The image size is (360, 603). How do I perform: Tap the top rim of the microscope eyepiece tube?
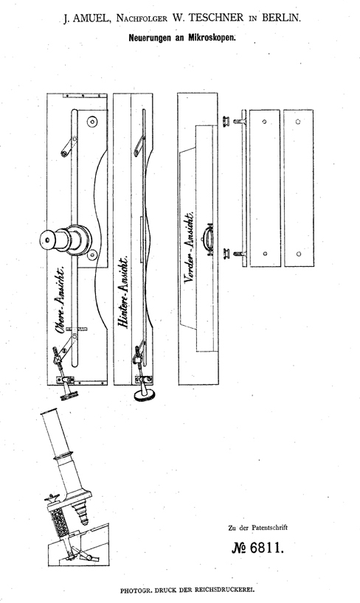tap(49, 413)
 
